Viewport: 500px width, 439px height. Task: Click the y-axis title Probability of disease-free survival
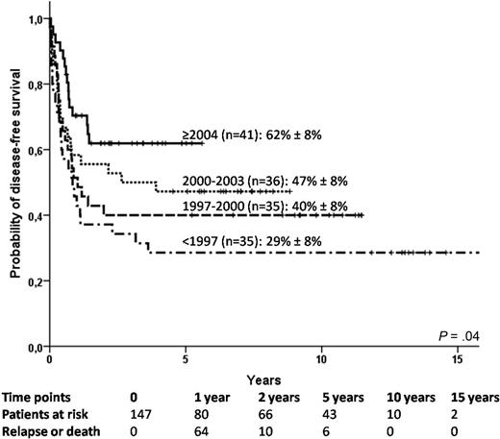point(16,183)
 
